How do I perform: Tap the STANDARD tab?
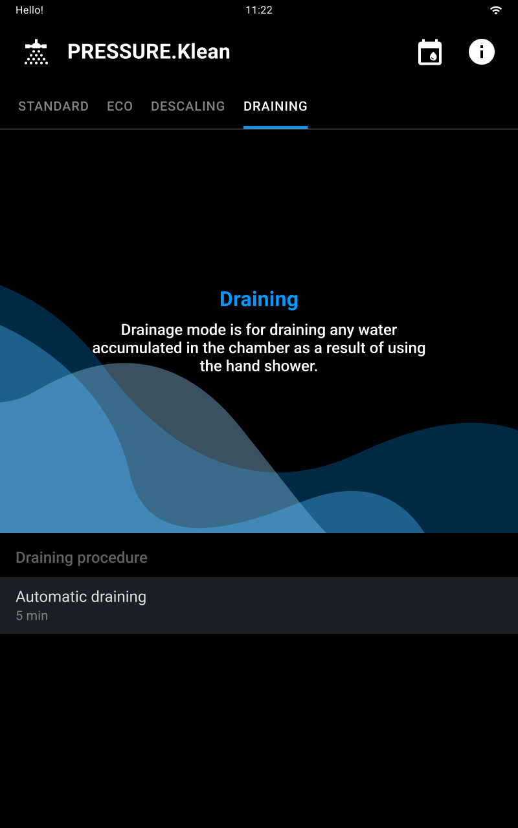pyautogui.click(x=53, y=107)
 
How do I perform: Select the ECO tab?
pyautogui.click(x=120, y=107)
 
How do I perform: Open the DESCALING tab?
pyautogui.click(x=188, y=107)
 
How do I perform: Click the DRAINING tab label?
pyautogui.click(x=275, y=107)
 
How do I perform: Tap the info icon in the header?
pyautogui.click(x=481, y=52)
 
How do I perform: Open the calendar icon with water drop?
pyautogui.click(x=429, y=52)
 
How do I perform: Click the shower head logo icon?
pyautogui.click(x=36, y=52)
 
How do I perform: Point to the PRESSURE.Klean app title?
pyautogui.click(x=149, y=51)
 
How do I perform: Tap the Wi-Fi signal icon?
pyautogui.click(x=495, y=10)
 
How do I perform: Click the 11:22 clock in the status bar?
pyautogui.click(x=259, y=10)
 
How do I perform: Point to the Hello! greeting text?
pyautogui.click(x=29, y=10)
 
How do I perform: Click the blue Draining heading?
pyautogui.click(x=259, y=299)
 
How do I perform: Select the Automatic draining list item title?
pyautogui.click(x=81, y=597)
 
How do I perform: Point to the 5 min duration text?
pyautogui.click(x=32, y=616)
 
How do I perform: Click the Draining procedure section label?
pyautogui.click(x=82, y=558)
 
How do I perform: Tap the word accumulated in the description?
pyautogui.click(x=137, y=348)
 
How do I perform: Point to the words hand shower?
pyautogui.click(x=271, y=366)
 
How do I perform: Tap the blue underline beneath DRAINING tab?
pyautogui.click(x=275, y=127)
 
